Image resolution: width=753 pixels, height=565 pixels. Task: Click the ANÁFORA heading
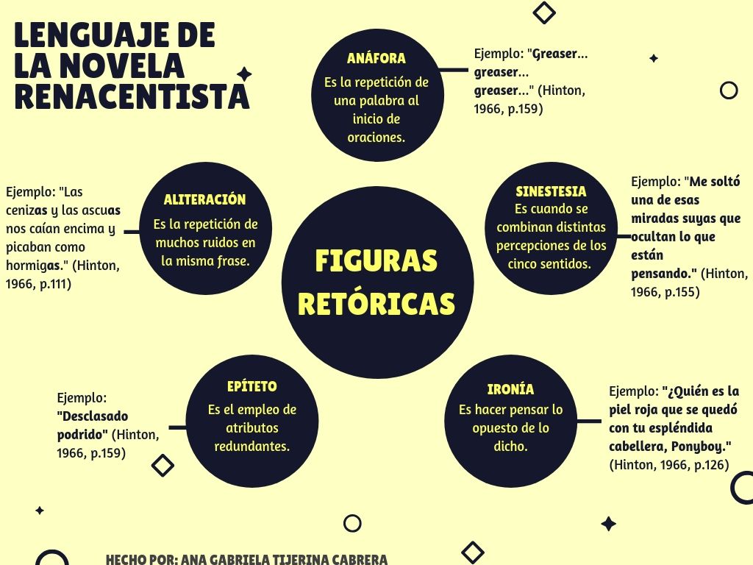tap(376, 59)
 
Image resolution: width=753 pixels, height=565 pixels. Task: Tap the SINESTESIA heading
tap(551, 191)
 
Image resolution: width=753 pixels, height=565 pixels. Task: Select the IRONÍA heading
tap(510, 389)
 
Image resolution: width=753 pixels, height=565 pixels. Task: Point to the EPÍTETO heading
tap(251, 386)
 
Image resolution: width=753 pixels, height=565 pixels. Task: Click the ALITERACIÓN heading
tap(204, 199)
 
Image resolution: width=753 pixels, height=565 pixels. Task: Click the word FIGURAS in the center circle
tap(376, 261)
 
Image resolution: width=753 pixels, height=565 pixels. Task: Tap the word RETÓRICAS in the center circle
tap(376, 303)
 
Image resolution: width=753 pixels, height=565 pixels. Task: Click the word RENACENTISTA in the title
tap(132, 97)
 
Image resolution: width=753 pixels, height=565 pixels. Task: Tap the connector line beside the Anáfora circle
tap(453, 71)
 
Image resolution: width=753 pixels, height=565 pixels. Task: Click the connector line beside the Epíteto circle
tap(177, 427)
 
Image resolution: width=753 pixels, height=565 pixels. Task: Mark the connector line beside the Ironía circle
tap(589, 422)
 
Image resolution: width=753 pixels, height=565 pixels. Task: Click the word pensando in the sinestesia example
tap(663, 274)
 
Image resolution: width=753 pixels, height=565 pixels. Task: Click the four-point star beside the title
tap(244, 74)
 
